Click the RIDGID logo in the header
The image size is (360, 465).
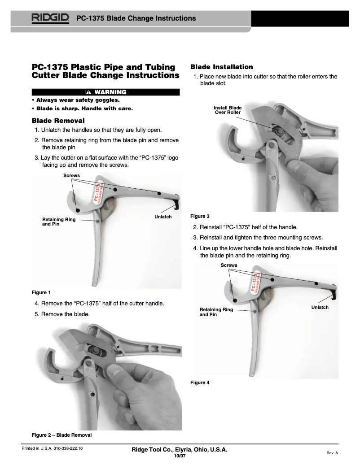click(50, 18)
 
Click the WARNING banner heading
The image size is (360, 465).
click(105, 92)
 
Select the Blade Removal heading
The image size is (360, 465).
click(58, 121)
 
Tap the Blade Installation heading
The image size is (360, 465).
click(222, 67)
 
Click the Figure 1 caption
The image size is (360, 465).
click(41, 293)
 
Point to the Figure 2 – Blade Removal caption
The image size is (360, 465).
click(61, 435)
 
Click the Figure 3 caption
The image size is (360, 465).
click(200, 216)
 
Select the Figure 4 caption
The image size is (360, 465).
click(200, 382)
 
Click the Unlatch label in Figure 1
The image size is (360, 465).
click(163, 217)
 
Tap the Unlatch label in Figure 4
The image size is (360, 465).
click(320, 308)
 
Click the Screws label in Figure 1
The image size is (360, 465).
click(71, 175)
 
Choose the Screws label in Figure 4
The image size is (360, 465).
click(228, 265)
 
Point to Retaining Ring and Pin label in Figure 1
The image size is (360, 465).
click(59, 222)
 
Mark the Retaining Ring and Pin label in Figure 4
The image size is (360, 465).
click(216, 312)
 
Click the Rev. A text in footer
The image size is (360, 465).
click(332, 453)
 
